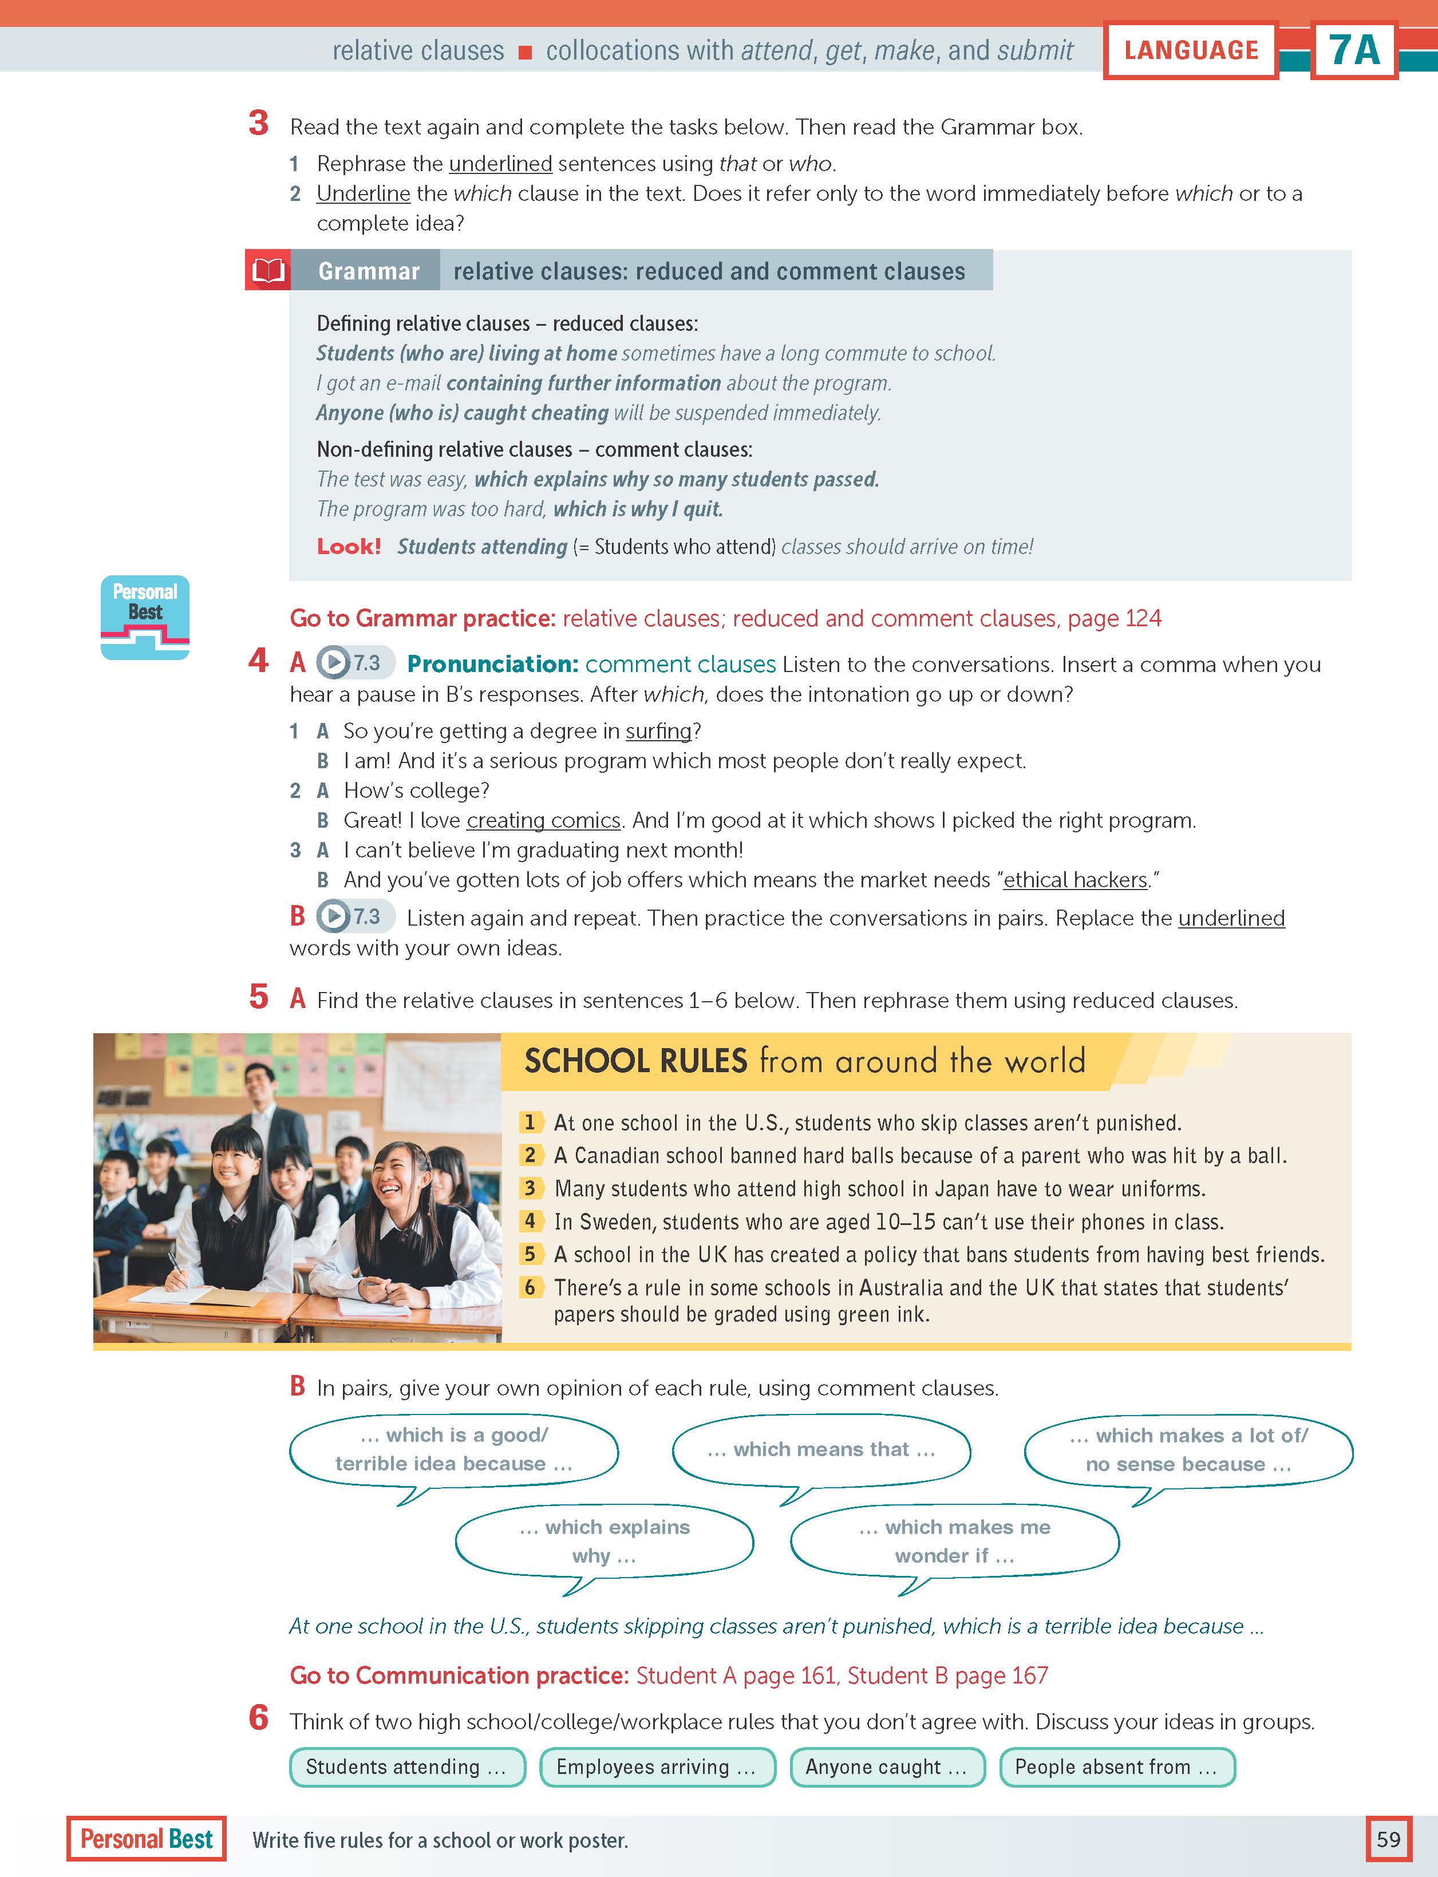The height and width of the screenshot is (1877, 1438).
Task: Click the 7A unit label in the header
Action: click(1354, 50)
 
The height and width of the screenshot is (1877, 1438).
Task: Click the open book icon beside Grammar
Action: click(267, 270)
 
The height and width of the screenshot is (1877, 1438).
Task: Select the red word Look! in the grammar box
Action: click(349, 546)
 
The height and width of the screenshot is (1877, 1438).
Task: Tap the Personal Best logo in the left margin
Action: click(145, 617)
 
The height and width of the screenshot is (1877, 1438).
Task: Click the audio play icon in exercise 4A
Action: click(334, 662)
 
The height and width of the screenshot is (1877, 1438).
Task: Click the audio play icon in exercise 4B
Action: click(334, 916)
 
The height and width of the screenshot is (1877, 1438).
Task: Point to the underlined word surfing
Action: click(658, 731)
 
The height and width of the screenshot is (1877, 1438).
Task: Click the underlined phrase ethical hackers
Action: click(1075, 880)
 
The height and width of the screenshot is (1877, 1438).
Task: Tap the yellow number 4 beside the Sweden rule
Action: click(530, 1222)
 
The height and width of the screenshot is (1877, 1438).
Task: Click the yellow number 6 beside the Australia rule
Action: click(530, 1287)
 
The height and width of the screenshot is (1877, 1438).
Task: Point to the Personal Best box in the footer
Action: click(147, 1839)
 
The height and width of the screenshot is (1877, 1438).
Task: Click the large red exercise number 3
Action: click(259, 124)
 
